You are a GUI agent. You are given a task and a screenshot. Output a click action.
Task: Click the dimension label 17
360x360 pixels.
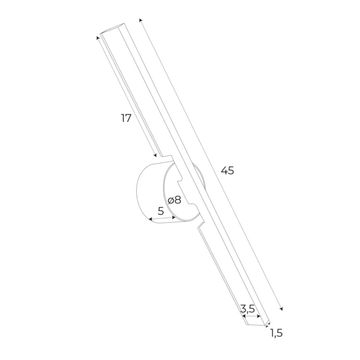coord(126,118)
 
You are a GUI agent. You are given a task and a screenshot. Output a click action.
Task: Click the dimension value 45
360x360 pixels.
coord(227,170)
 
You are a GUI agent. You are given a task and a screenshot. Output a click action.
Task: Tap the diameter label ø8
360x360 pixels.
coord(174,200)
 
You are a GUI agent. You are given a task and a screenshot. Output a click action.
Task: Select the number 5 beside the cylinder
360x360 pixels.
coord(161,211)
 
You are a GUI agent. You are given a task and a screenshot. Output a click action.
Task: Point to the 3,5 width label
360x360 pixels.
coord(247,308)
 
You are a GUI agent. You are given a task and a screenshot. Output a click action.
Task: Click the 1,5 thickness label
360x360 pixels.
coord(276,333)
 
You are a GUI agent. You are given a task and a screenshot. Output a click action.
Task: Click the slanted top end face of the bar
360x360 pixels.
coord(112,29)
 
